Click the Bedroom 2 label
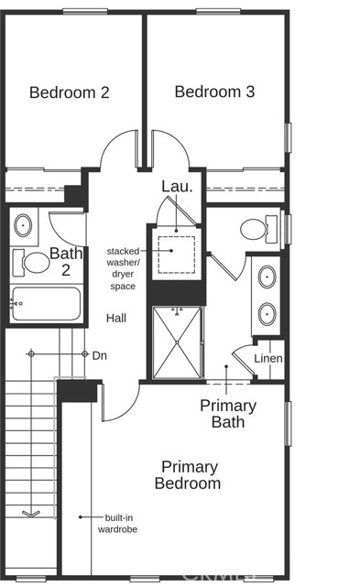[x=69, y=92]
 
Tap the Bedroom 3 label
[x=214, y=92]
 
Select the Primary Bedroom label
[x=188, y=475]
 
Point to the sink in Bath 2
[x=23, y=225]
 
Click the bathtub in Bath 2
[x=46, y=303]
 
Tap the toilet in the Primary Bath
[x=258, y=229]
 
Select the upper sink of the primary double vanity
[x=267, y=277]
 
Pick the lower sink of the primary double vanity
[x=267, y=313]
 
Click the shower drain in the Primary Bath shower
[x=177, y=342]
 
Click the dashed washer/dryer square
[x=177, y=255]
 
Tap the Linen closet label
[x=268, y=358]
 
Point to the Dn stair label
[x=100, y=355]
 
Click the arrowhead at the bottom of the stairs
[x=31, y=514]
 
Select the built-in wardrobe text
[x=118, y=524]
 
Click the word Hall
[x=116, y=319]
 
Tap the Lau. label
[x=177, y=187]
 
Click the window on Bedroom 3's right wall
[x=288, y=137]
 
